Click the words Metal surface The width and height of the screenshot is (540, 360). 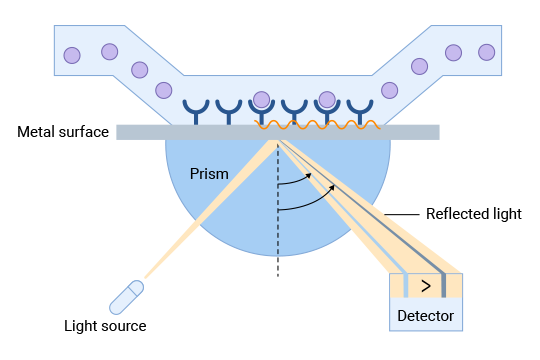pyautogui.click(x=62, y=132)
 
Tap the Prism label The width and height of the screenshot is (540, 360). pyautogui.click(x=210, y=174)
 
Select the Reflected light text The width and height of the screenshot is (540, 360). pyautogui.click(x=473, y=214)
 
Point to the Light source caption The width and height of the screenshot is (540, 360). pyautogui.click(x=105, y=326)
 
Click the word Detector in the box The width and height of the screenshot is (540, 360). pyautogui.click(x=426, y=317)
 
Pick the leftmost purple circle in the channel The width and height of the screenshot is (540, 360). pyautogui.click(x=71, y=54)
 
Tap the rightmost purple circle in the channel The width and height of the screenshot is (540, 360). pyautogui.click(x=487, y=51)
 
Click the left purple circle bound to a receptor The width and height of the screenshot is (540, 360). pyautogui.click(x=262, y=99)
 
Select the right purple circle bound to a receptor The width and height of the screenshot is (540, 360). pyautogui.click(x=326, y=99)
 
